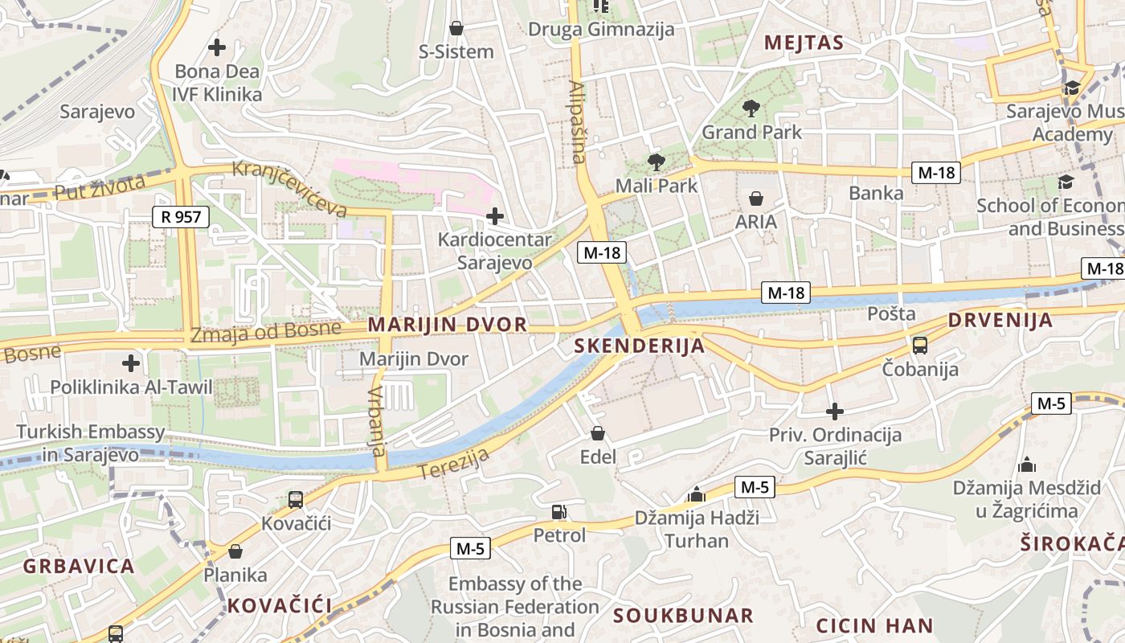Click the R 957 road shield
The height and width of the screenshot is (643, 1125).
point(181,216)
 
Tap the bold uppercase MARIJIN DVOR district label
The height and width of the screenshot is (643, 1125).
point(448,325)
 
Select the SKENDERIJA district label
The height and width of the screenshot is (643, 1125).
point(640,346)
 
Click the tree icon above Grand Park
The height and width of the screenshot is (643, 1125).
point(751,108)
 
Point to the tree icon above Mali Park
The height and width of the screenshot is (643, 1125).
point(657,162)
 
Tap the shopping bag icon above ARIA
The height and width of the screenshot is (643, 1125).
point(756,198)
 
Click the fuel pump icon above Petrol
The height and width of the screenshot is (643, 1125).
point(558,511)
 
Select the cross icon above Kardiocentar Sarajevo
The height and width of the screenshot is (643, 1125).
point(495,215)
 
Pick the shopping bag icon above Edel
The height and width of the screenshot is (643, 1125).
point(598,434)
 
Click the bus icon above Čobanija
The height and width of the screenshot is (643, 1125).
point(920,346)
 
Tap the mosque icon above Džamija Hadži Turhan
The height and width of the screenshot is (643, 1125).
point(697,494)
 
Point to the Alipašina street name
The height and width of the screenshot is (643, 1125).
point(577,121)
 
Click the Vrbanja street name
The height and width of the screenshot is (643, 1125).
point(377,421)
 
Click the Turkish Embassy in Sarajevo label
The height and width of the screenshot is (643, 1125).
point(90,443)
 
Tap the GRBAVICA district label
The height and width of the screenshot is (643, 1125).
point(79,566)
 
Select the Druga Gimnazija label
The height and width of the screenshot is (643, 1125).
point(601,30)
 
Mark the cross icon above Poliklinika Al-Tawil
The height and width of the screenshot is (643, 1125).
point(131,363)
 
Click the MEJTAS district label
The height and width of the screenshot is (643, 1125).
point(804,43)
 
